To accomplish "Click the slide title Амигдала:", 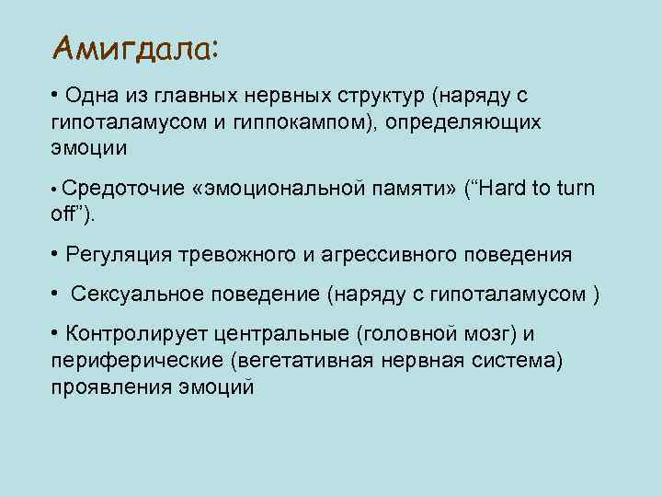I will point(135,47).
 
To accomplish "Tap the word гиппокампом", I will point(291,122).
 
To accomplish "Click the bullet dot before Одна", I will point(56,96).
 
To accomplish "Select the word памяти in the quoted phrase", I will point(409,190).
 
